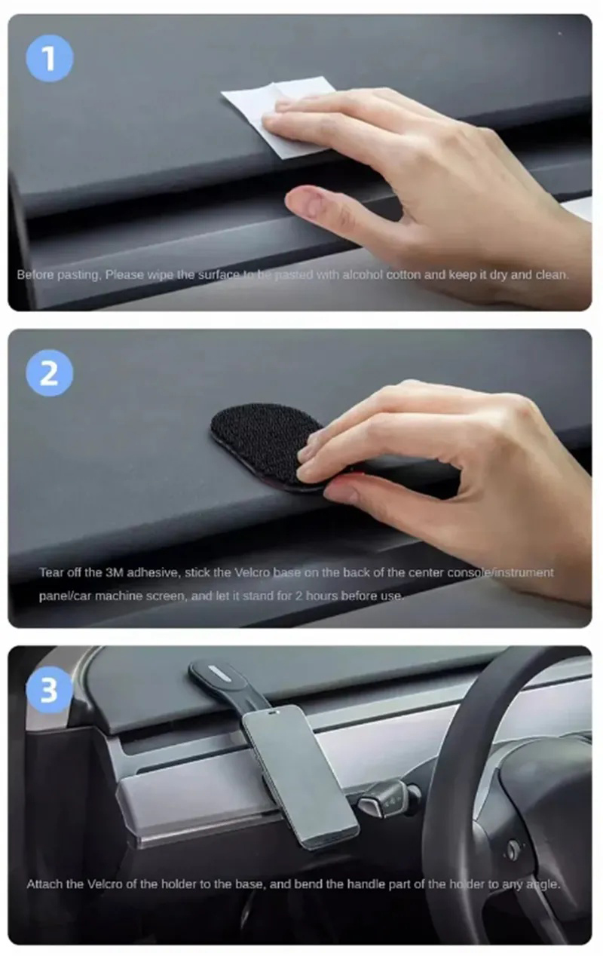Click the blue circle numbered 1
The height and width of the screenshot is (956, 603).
click(50, 59)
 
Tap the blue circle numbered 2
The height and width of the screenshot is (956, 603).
click(50, 373)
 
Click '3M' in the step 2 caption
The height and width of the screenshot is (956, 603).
click(115, 572)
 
